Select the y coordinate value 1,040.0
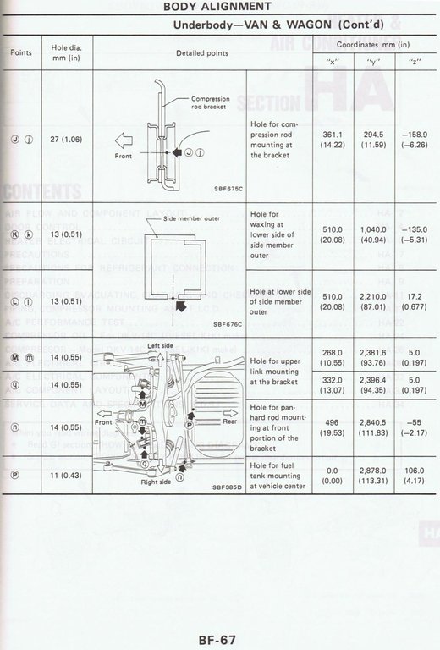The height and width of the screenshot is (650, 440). pos(370,227)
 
